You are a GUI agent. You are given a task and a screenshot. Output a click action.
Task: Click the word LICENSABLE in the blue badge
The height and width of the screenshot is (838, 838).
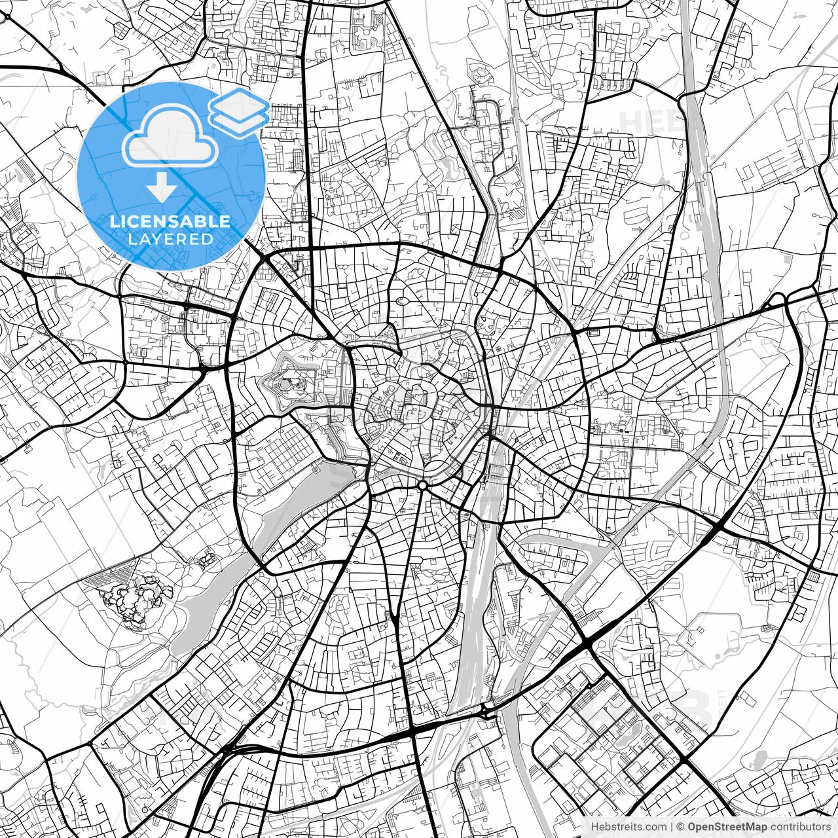coord(170,221)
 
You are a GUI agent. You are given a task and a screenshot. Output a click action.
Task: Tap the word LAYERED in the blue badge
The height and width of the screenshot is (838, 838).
coord(170,239)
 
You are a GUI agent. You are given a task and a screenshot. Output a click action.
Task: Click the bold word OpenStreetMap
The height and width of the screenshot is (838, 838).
coord(727,827)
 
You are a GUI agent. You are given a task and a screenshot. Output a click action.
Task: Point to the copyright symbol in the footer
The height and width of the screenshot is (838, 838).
coord(681,827)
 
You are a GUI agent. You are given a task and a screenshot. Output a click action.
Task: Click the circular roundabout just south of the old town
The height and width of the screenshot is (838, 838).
coord(423,485)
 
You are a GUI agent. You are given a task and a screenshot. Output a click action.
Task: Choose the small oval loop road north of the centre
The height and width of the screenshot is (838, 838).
coord(401,302)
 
